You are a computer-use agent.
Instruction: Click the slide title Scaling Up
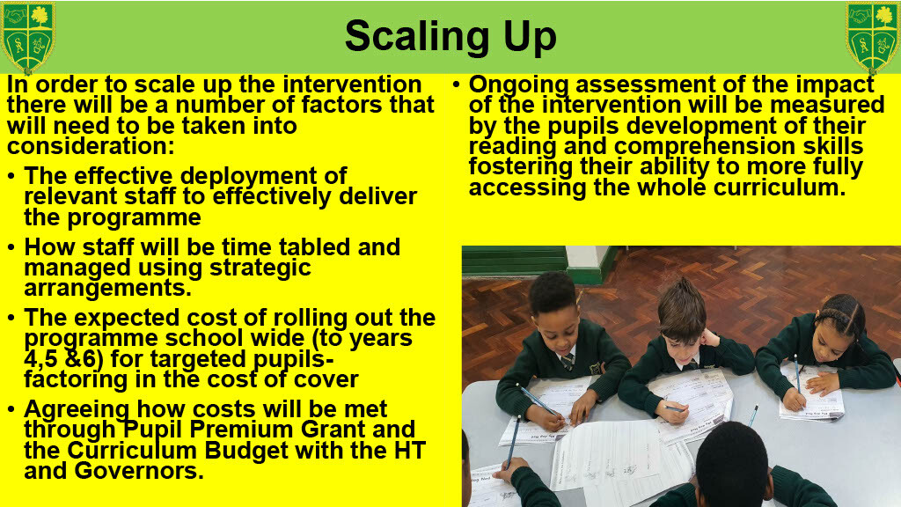(450, 36)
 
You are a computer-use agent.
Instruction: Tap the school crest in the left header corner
(27, 37)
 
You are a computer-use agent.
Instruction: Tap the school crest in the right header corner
(872, 37)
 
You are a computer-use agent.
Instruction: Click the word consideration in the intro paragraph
(91, 146)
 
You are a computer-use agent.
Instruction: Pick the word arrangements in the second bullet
(107, 288)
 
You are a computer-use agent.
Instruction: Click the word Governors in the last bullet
(139, 471)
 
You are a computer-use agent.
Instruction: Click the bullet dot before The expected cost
(11, 317)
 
